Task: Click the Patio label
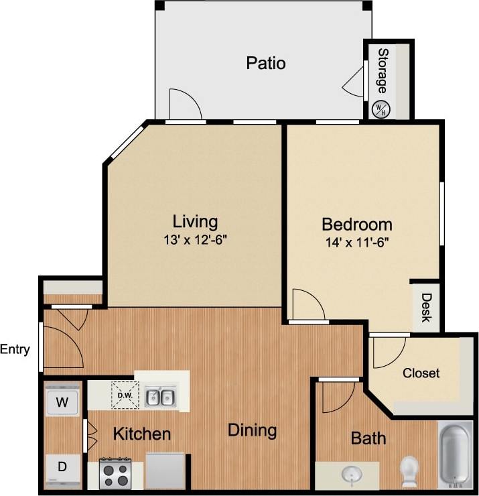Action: coord(266,64)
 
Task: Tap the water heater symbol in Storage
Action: coord(381,109)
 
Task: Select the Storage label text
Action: coord(382,70)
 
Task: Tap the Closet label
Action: coord(421,373)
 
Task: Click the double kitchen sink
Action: coord(161,397)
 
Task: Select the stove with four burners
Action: coord(115,473)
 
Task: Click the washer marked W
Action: coord(62,403)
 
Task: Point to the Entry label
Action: coord(15,349)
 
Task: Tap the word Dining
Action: coord(252,430)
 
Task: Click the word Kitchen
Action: coord(141,434)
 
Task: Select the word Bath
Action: coord(368,438)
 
